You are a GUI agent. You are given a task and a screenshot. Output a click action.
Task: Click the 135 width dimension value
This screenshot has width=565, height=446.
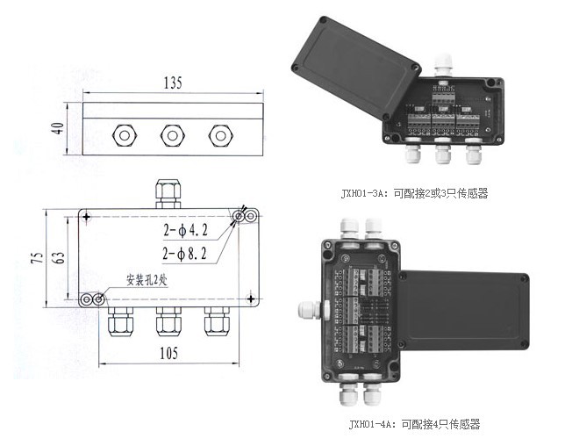pos(172,84)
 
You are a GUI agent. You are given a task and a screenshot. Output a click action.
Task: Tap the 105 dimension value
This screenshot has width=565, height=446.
pos(169,353)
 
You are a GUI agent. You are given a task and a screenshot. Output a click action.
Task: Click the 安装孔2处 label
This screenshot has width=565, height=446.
pos(154,281)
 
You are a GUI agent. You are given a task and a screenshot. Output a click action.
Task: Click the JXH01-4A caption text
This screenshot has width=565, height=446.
pos(414,424)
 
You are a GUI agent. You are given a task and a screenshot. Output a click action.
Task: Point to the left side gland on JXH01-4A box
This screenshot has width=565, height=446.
pos(308,309)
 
